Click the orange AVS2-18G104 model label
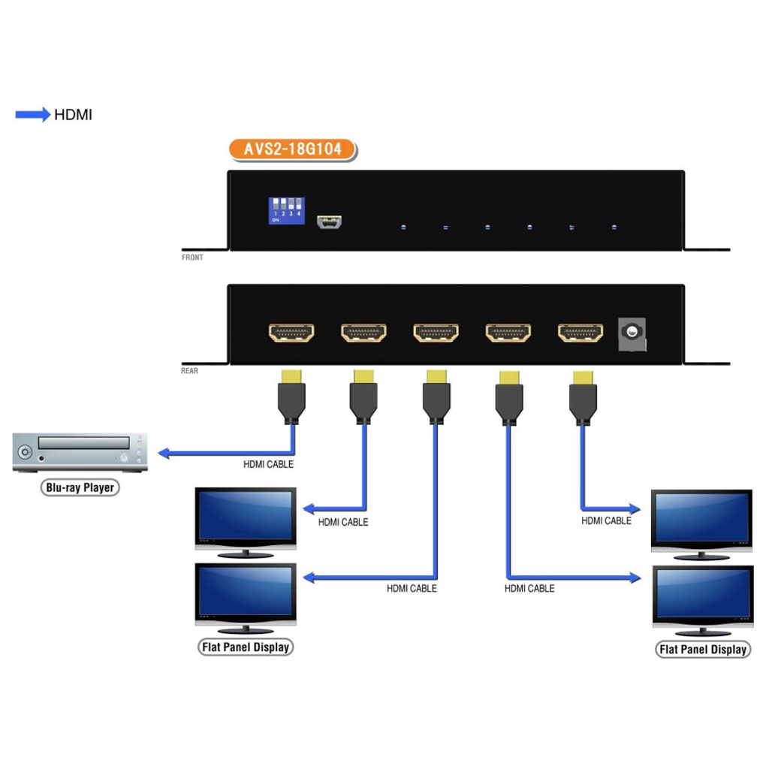[292, 149]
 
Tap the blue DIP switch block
[286, 210]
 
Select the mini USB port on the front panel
[330, 222]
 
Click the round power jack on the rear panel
[632, 332]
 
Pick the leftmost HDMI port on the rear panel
[291, 332]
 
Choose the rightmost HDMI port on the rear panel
[580, 332]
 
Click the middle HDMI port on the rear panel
[436, 332]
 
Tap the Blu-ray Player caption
[80, 487]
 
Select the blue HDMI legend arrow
[33, 115]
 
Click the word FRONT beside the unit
[192, 258]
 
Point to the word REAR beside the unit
[190, 371]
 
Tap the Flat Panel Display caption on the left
[246, 647]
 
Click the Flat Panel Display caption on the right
[703, 650]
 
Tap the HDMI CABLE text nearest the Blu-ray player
[268, 465]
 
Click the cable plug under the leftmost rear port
[291, 398]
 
